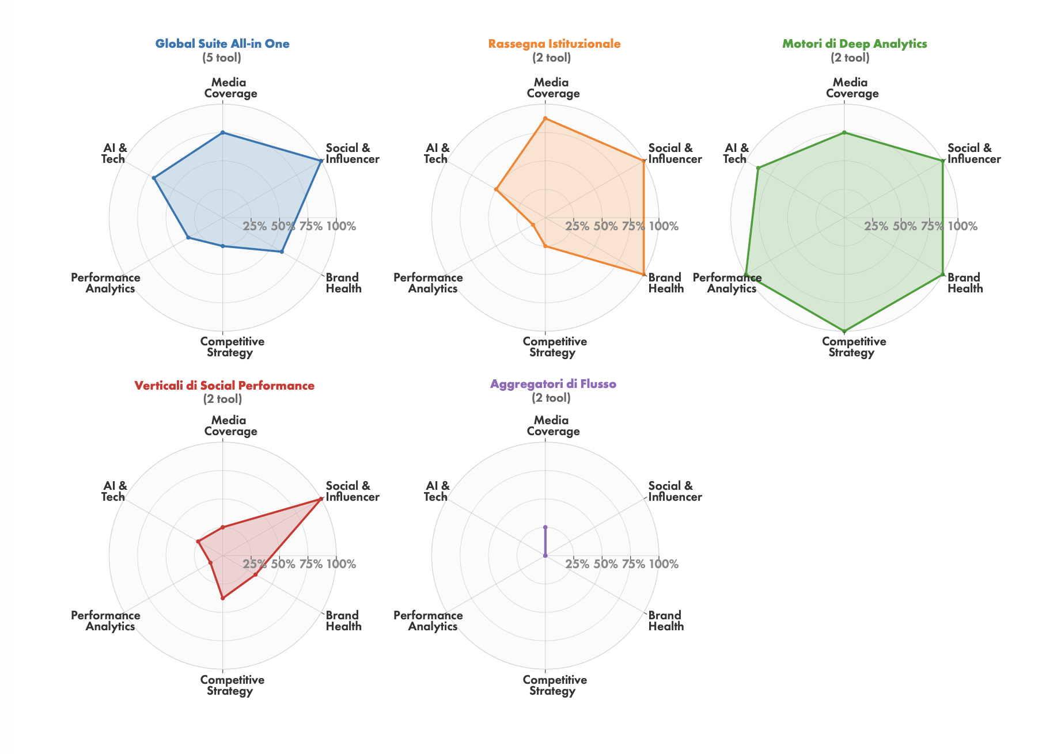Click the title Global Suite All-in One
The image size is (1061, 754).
point(222,44)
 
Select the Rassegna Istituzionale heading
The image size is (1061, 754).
point(554,44)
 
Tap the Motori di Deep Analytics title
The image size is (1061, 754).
point(854,44)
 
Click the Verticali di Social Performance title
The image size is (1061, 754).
point(224,386)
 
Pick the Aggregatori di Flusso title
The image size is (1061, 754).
point(553,384)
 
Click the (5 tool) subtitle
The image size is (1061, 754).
point(222,58)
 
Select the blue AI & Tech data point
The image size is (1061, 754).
point(154,178)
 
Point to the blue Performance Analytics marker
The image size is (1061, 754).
point(188,238)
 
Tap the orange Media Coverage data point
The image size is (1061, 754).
point(545,119)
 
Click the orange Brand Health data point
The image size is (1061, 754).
point(643,275)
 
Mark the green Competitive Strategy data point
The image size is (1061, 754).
point(844,332)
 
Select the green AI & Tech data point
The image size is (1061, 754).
point(758,168)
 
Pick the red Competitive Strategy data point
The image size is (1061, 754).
point(222,599)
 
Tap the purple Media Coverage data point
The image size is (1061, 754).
point(545,527)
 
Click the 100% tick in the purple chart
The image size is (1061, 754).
point(664,565)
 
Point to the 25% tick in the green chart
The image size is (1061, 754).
point(876,227)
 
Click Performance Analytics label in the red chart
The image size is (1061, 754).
point(106,621)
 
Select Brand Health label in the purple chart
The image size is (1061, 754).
point(666,621)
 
